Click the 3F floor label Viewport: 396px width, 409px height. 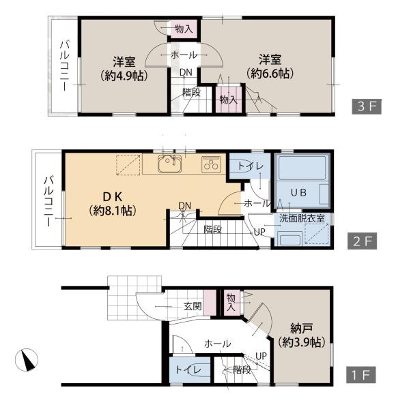(x=367, y=106)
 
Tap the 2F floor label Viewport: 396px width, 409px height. (x=362, y=241)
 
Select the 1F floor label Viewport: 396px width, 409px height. (x=361, y=375)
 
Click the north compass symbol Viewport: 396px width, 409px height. (x=27, y=360)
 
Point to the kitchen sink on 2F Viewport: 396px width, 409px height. (x=170, y=164)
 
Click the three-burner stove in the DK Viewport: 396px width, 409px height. (x=211, y=164)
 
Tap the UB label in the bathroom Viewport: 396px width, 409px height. (x=298, y=192)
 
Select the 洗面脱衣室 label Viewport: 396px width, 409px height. (x=302, y=219)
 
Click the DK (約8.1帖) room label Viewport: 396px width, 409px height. (x=113, y=204)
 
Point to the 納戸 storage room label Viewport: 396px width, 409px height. (x=302, y=329)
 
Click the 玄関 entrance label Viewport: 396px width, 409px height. (x=193, y=306)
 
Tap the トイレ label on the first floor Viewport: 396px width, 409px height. (x=188, y=370)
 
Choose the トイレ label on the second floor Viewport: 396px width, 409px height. (x=251, y=166)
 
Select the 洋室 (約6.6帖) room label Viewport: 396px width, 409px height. (x=270, y=67)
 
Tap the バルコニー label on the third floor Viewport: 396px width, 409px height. (x=65, y=65)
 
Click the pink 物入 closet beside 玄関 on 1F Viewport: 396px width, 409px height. (x=231, y=303)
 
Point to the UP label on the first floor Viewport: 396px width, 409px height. (x=261, y=356)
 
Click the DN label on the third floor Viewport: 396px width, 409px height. (x=186, y=72)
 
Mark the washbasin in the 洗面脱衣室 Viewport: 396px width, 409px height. (x=290, y=239)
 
